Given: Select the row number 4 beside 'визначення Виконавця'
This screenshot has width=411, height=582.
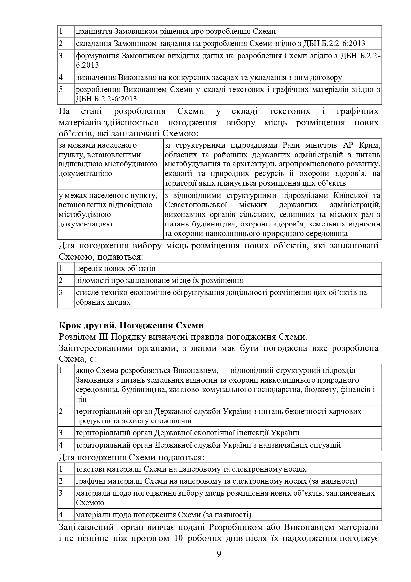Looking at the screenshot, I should (61, 78).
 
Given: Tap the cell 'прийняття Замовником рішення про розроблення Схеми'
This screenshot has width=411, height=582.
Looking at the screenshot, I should (176, 32).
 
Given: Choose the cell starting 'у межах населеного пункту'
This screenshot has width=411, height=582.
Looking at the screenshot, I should (108, 209).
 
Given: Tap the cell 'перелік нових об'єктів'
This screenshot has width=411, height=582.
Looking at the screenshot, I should (116, 268).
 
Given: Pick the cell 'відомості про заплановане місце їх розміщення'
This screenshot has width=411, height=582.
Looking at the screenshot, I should (159, 281).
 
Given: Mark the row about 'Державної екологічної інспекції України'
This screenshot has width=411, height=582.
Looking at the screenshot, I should (187, 433).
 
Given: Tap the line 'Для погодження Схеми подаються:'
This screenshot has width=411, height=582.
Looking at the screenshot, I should (131, 458).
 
